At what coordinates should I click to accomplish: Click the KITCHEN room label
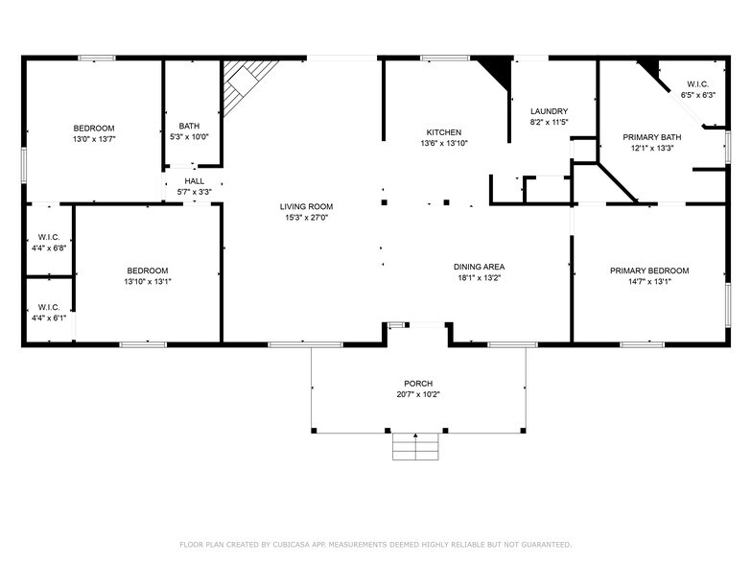point(444,132)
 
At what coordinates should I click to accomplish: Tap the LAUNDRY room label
point(549,111)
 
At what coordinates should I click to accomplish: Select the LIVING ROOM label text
point(306,207)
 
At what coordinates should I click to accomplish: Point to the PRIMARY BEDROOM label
point(649,270)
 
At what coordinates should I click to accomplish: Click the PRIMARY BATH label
point(652,137)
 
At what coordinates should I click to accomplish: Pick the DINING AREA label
point(480,267)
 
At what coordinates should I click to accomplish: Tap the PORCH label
point(417,384)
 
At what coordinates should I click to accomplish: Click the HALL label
point(195,181)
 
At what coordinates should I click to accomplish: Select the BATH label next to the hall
point(189,126)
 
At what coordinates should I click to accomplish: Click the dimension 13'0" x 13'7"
point(94,139)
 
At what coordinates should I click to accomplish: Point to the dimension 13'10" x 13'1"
point(147,281)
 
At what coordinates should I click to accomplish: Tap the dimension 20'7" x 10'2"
point(417,394)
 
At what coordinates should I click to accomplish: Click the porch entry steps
point(416,446)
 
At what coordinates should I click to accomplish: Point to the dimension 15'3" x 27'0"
point(306,218)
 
